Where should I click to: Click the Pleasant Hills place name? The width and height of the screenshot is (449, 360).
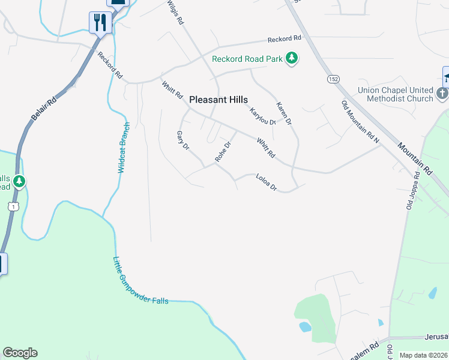218,100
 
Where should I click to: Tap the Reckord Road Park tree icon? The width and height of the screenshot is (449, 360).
292,58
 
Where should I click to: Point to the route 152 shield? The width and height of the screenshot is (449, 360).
333,79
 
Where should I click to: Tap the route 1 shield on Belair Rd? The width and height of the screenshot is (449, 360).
13,206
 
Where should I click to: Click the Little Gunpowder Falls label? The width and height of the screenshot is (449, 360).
140,281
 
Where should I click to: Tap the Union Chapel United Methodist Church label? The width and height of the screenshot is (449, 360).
396,94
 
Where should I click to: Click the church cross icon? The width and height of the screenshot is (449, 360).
442,93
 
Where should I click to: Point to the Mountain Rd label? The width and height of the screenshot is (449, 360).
415,157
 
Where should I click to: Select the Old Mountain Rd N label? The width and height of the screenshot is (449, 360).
361,122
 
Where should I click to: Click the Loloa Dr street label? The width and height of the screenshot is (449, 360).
266,182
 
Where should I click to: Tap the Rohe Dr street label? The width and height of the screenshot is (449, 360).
223,152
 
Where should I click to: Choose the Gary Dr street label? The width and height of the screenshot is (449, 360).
182,140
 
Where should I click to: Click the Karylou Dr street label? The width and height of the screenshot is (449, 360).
262,114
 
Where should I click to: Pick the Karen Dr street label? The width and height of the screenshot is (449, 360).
283,113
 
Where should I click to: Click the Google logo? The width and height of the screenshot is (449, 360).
20,353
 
